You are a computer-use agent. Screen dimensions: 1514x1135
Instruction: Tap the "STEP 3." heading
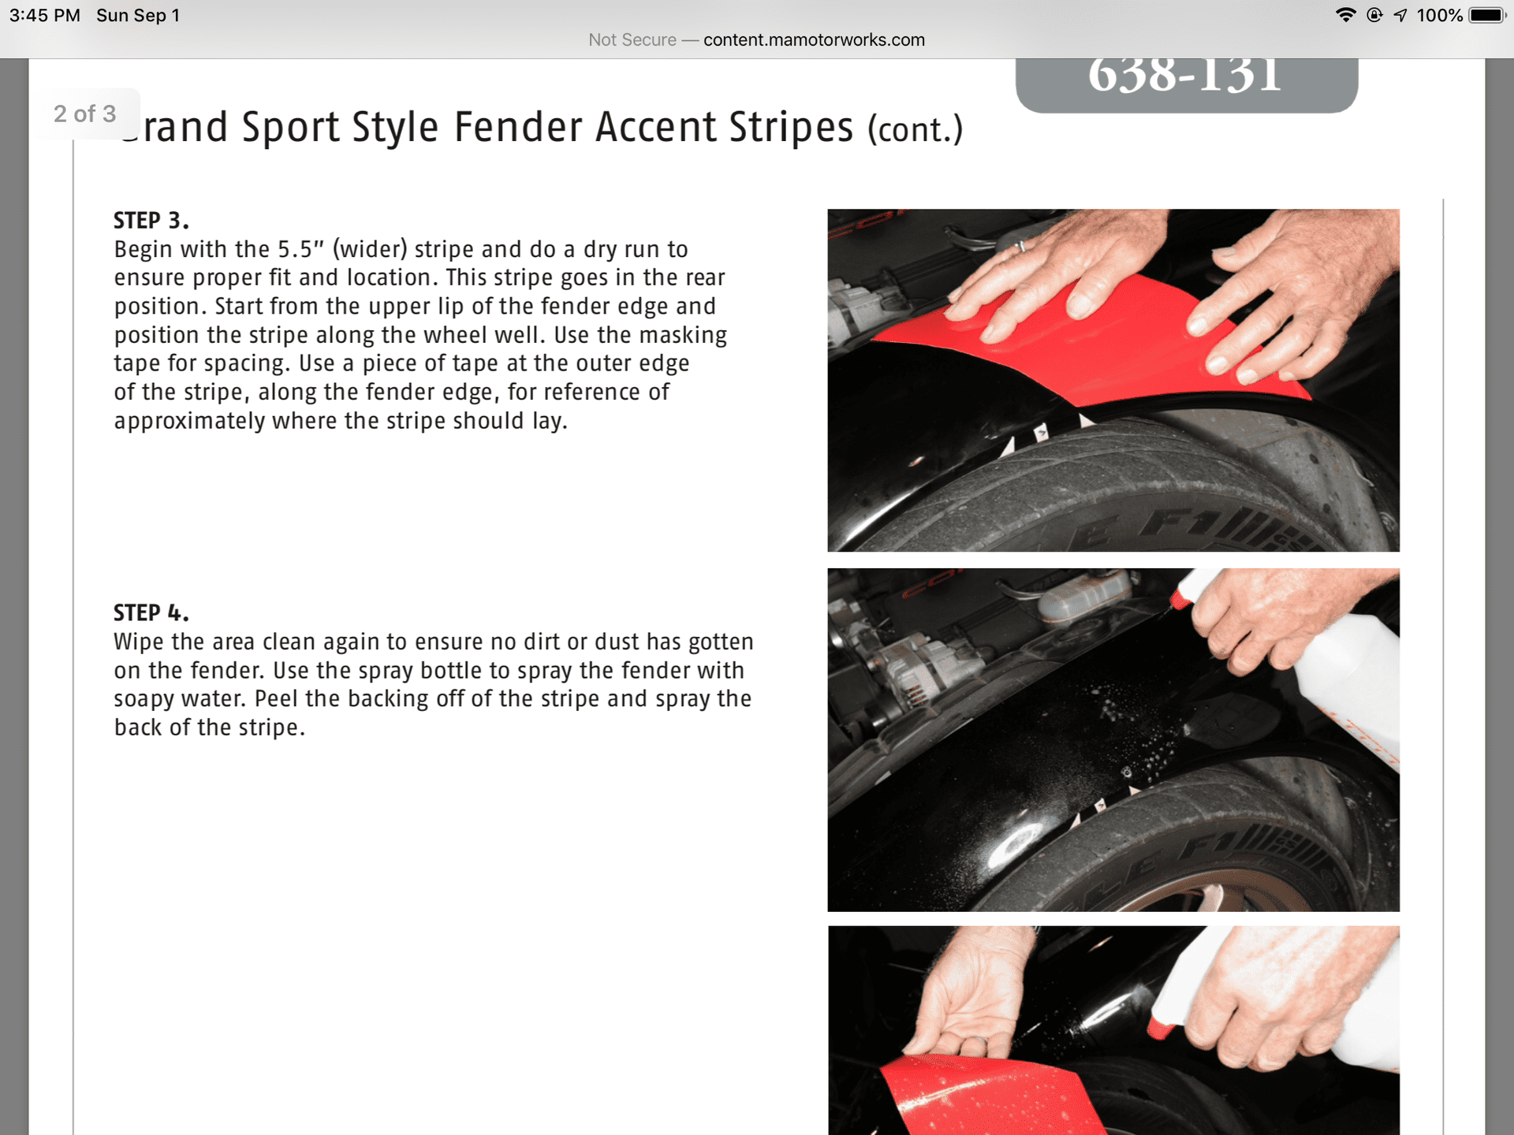(x=151, y=221)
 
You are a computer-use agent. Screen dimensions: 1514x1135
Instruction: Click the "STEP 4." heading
(x=151, y=613)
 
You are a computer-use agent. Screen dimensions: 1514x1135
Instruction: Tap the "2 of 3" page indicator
(x=85, y=113)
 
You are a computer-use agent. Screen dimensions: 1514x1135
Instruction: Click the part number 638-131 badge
(x=1186, y=84)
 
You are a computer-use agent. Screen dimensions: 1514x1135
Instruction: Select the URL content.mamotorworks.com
(x=814, y=40)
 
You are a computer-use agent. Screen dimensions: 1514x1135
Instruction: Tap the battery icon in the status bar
(x=1488, y=15)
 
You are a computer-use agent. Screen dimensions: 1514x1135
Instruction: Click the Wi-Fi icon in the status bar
(x=1345, y=15)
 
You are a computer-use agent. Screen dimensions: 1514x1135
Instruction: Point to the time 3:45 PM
(x=45, y=16)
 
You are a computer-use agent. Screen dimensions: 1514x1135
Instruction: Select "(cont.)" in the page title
(x=915, y=129)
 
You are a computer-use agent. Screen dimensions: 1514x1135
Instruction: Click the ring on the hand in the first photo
(x=1021, y=247)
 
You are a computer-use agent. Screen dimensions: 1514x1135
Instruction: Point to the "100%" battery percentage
(x=1440, y=16)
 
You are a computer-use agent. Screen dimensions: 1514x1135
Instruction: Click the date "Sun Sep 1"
(x=138, y=16)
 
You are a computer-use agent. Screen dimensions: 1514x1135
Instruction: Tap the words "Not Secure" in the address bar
(x=632, y=40)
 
